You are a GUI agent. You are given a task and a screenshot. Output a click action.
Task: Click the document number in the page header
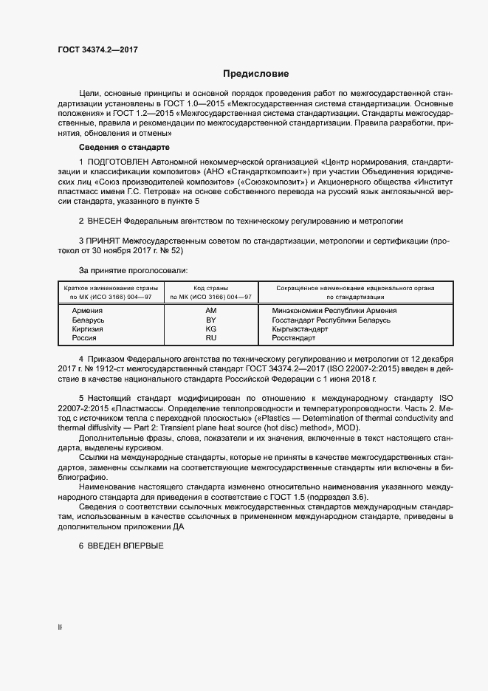pyautogui.click(x=97, y=50)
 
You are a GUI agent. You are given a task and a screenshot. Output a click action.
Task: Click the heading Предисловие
pyautogui.click(x=256, y=74)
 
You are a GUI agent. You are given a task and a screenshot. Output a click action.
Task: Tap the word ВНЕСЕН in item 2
pyautogui.click(x=106, y=221)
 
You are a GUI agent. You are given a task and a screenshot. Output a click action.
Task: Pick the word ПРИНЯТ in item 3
pyautogui.click(x=105, y=241)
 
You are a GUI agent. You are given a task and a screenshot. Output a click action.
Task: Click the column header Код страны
pyautogui.click(x=211, y=288)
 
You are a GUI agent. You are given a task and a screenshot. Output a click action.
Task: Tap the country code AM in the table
pyautogui.click(x=211, y=311)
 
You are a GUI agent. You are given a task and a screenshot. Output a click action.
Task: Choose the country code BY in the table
pyautogui.click(x=211, y=320)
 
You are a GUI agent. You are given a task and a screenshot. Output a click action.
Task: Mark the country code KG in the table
pyautogui.click(x=211, y=329)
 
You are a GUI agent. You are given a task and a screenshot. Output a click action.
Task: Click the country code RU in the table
pyautogui.click(x=211, y=338)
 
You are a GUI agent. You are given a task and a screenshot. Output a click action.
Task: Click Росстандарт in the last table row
pyautogui.click(x=294, y=338)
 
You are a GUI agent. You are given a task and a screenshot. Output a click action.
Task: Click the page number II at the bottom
pyautogui.click(x=61, y=628)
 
